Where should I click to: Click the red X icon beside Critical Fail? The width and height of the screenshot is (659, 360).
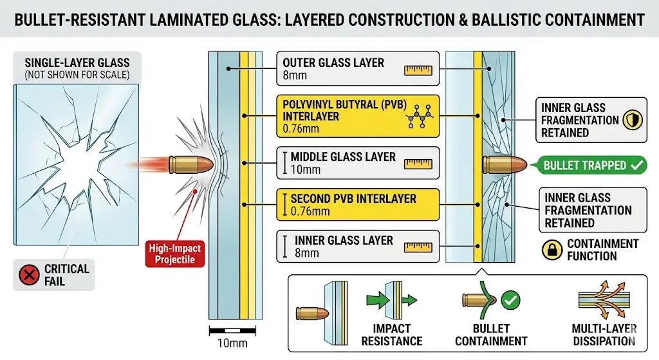tap(29, 276)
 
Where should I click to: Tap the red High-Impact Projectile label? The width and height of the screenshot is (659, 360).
tap(175, 254)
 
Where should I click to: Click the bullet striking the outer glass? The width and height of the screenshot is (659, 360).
tap(190, 164)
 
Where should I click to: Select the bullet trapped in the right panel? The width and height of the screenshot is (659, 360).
tap(505, 165)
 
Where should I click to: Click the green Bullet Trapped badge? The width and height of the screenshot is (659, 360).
tap(588, 166)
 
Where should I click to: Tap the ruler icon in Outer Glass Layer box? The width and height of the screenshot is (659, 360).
tap(418, 70)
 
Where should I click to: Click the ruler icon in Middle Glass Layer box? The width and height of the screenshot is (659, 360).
tap(418, 164)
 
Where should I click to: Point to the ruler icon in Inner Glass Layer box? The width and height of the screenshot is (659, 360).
tap(418, 247)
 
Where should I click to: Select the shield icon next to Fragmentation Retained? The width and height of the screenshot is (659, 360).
tap(633, 120)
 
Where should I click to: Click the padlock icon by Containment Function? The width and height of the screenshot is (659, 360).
tap(552, 250)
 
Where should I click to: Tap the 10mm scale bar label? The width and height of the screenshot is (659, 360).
tap(232, 343)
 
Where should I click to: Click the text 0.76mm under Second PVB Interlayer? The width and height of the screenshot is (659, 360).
tap(310, 211)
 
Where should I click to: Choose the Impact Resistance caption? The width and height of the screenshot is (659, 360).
tap(392, 335)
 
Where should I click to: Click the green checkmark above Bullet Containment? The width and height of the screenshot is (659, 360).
tap(510, 300)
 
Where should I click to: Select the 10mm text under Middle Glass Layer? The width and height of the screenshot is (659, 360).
tap(306, 170)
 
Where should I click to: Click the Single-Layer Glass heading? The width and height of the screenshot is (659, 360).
tap(77, 63)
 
